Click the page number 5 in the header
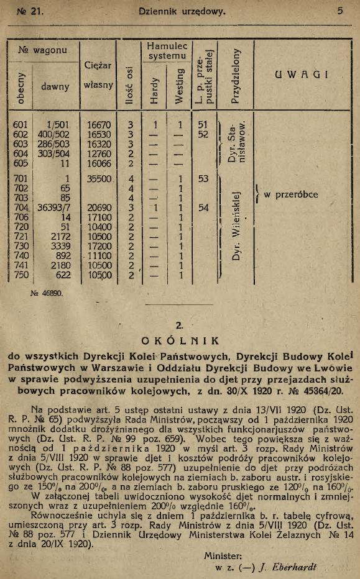(341, 11)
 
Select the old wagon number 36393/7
(52, 208)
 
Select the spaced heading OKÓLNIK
(180, 340)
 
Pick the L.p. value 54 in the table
(203, 208)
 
